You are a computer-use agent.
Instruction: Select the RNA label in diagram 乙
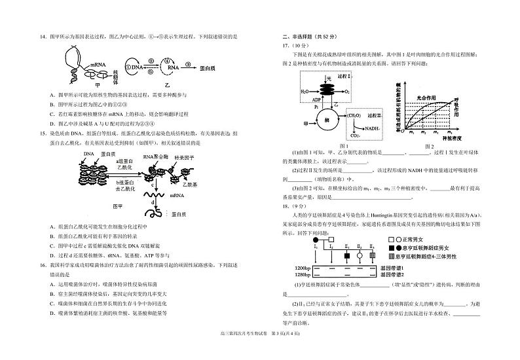[x=168, y=67]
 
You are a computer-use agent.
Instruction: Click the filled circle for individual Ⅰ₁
[x=316, y=238]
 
